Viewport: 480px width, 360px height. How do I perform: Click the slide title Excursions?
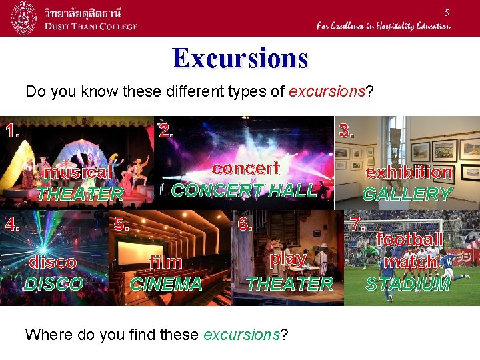240,59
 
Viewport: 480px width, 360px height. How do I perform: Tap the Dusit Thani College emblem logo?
24,18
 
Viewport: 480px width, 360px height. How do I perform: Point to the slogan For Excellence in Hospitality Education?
383,26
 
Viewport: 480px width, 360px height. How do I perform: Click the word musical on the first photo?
77,172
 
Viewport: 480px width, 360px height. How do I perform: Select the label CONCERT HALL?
244,190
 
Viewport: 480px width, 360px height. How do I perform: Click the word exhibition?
409,172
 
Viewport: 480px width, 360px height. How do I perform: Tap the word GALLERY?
407,194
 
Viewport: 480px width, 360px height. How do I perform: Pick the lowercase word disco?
53,263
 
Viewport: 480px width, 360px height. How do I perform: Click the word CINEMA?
165,284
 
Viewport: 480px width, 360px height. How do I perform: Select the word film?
166,262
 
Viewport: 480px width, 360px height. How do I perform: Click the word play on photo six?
289,258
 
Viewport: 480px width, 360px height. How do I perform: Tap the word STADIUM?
408,284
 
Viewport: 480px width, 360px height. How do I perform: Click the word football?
409,239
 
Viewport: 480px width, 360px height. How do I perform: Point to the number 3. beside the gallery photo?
345,131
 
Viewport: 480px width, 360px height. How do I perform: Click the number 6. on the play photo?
245,224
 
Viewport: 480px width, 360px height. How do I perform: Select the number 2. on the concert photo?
167,131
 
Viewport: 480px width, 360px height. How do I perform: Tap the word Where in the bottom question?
47,334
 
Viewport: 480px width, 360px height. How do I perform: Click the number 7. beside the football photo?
358,223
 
